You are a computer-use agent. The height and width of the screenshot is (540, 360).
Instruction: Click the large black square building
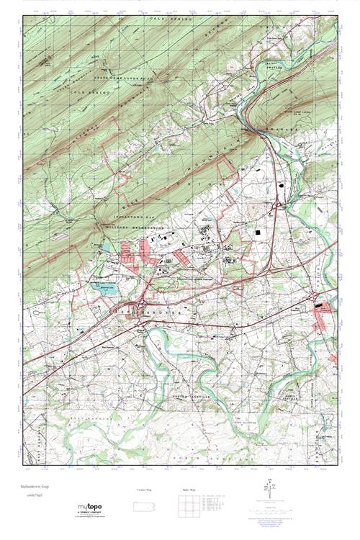(x=258, y=233)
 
